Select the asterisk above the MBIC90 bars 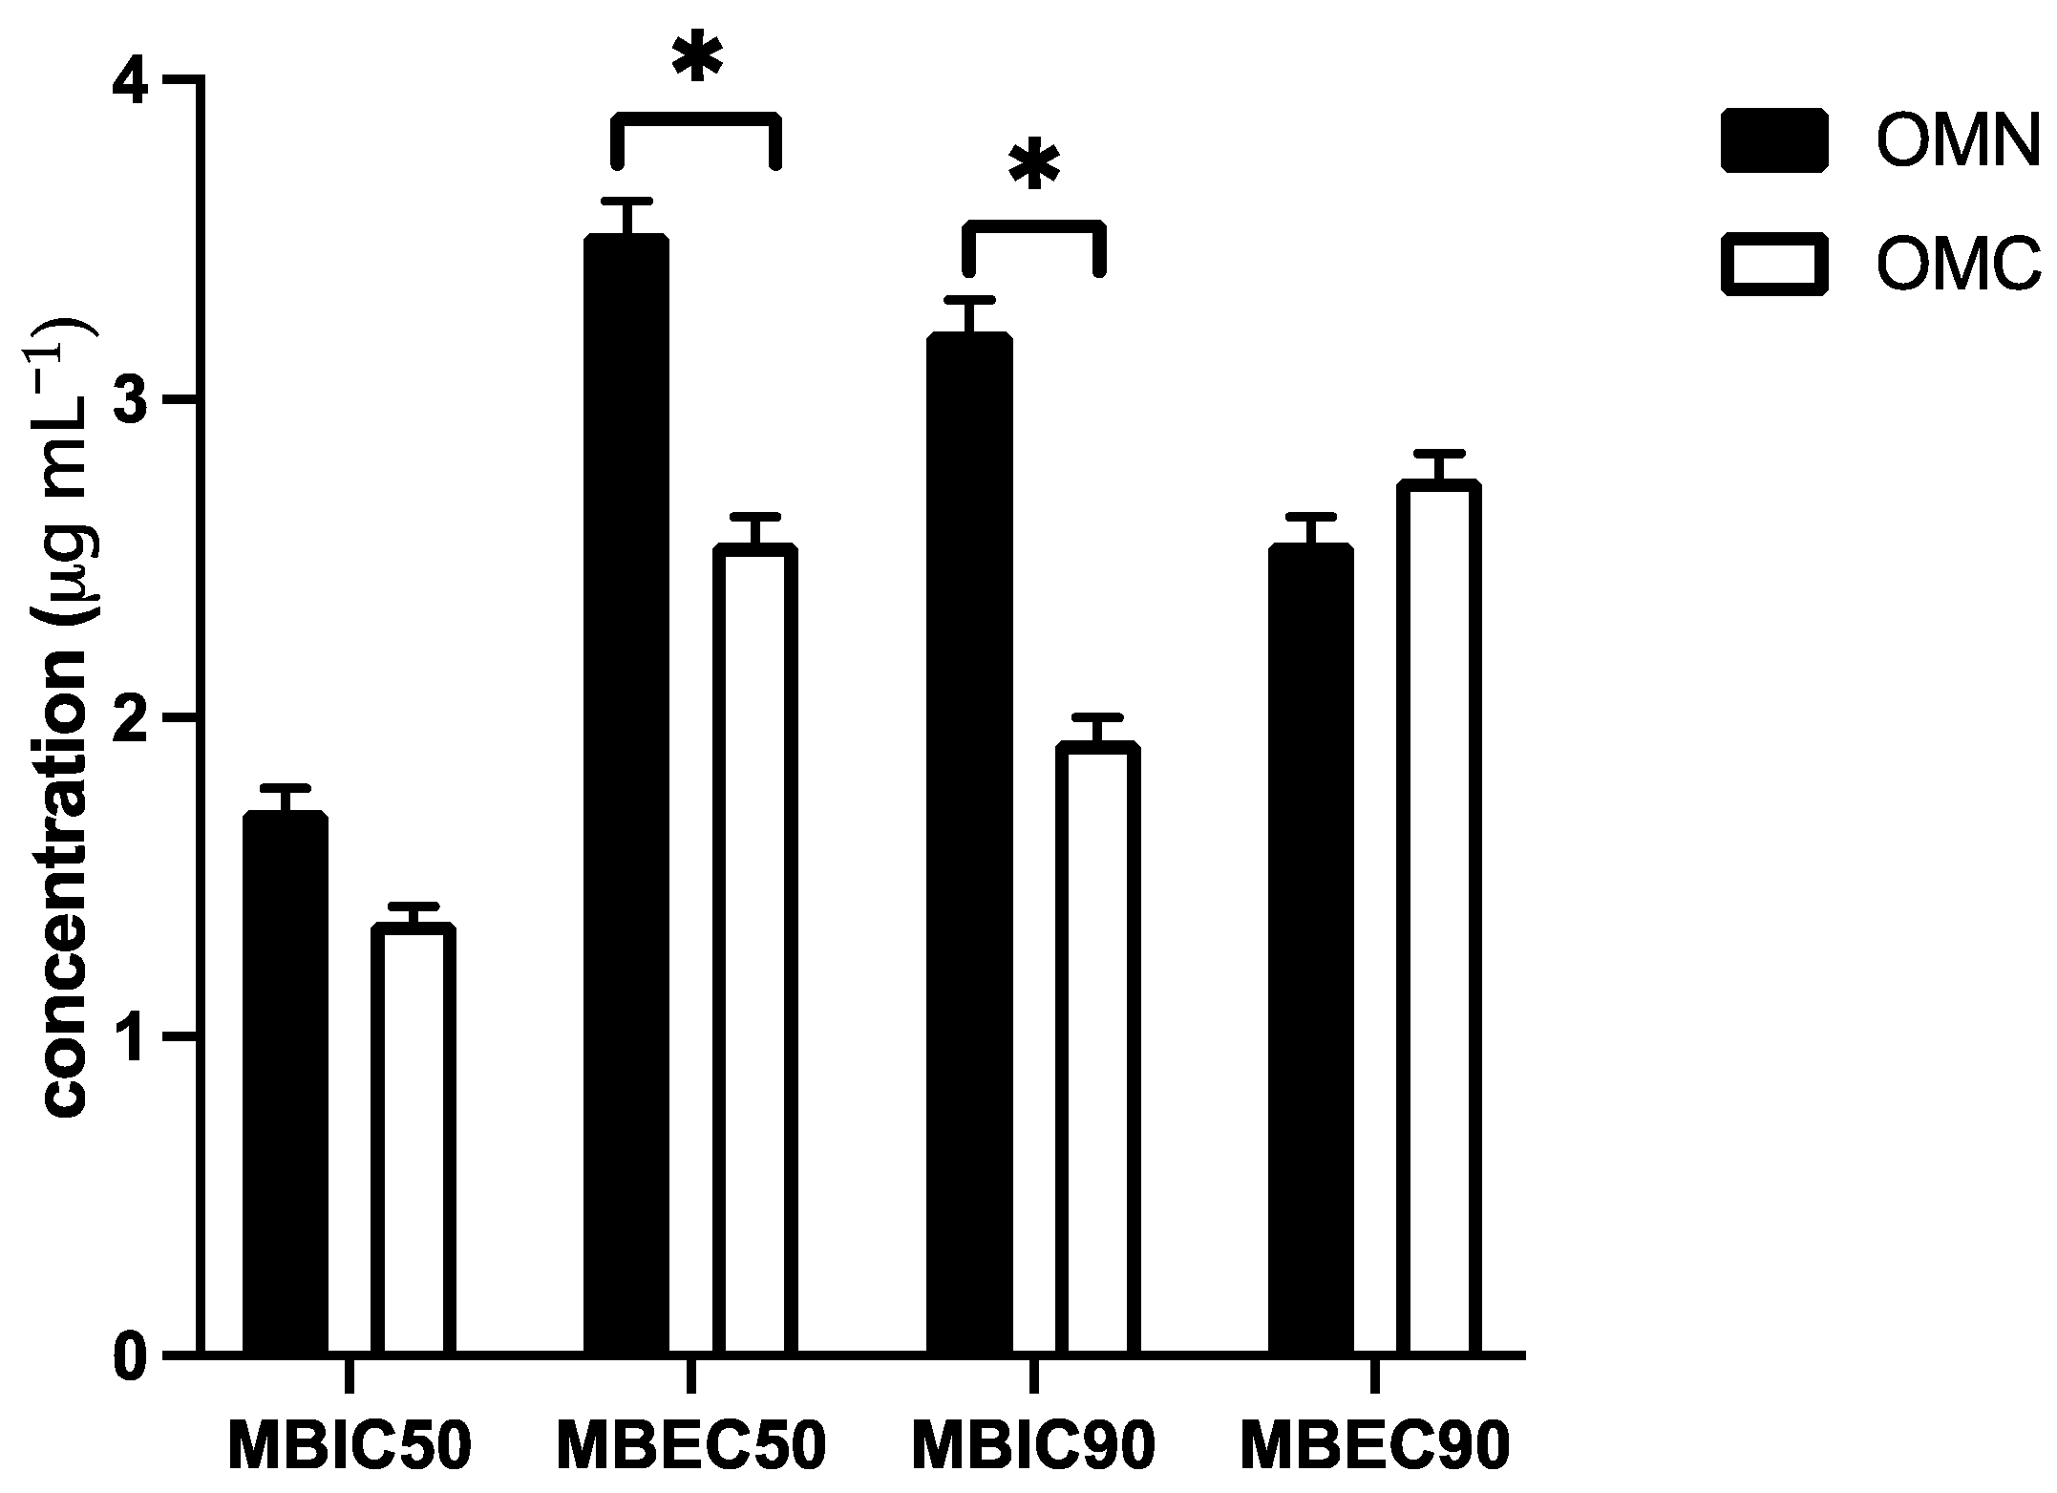coord(1034,168)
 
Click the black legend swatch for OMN coord(1774,140)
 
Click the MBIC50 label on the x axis coord(350,1447)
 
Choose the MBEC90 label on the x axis coord(1375,1447)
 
